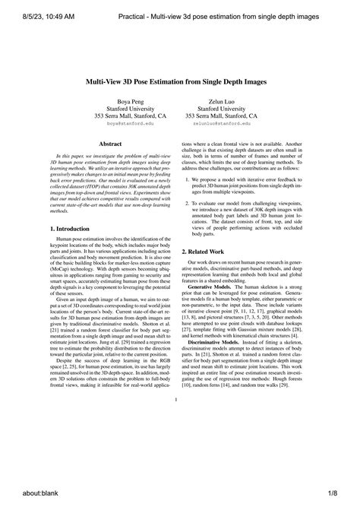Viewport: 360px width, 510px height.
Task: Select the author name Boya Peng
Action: point(129,101)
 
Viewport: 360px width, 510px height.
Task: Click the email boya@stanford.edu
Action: point(129,122)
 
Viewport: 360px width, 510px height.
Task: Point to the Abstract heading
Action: point(111,142)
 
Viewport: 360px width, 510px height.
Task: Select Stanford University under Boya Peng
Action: point(129,108)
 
